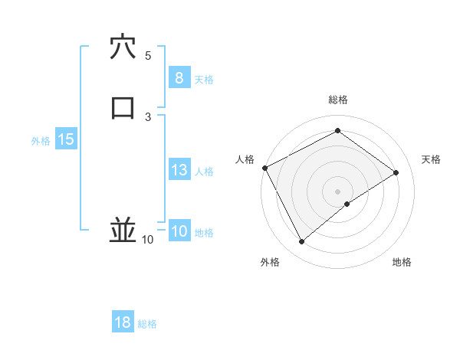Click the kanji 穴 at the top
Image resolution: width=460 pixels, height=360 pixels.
click(x=123, y=47)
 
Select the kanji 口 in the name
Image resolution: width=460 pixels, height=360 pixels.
click(x=123, y=108)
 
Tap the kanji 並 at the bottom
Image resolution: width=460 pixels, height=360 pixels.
click(x=123, y=229)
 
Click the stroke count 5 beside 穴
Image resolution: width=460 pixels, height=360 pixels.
click(x=148, y=56)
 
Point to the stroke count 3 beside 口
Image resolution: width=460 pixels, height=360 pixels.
click(x=148, y=116)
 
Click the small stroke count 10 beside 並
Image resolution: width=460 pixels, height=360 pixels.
click(x=148, y=240)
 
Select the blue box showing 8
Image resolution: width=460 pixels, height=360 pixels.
click(x=179, y=78)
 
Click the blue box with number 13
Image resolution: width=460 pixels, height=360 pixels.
click(x=179, y=170)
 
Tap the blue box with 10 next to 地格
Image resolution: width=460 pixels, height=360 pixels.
click(x=179, y=232)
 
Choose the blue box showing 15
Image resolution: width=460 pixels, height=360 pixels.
click(x=65, y=139)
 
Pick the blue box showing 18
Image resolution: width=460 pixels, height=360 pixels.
click(x=123, y=322)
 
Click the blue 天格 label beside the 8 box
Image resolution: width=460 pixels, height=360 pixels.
click(x=204, y=80)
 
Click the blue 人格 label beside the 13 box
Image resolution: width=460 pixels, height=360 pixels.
click(x=204, y=172)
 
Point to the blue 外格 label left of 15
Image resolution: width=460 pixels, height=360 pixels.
click(x=41, y=141)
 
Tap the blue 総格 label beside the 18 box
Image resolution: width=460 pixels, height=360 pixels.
click(x=147, y=324)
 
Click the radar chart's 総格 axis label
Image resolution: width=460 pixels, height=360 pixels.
click(x=337, y=100)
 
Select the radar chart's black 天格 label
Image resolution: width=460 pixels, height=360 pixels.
click(x=432, y=159)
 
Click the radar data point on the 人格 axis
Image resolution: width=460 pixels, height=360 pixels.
click(x=264, y=168)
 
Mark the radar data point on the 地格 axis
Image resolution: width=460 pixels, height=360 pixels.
click(x=347, y=204)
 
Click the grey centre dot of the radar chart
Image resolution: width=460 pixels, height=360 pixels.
click(x=337, y=191)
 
